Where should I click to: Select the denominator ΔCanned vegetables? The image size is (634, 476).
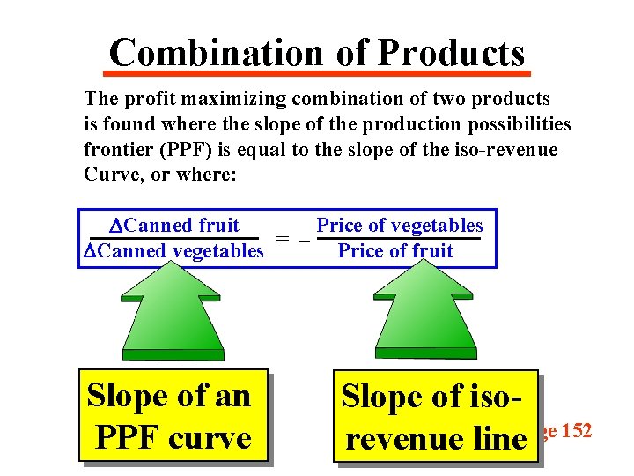[173, 251]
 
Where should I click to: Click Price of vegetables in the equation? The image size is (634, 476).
[400, 226]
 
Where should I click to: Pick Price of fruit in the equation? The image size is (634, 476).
[395, 251]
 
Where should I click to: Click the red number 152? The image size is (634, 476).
[574, 431]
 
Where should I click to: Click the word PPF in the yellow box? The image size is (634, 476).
[132, 437]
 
